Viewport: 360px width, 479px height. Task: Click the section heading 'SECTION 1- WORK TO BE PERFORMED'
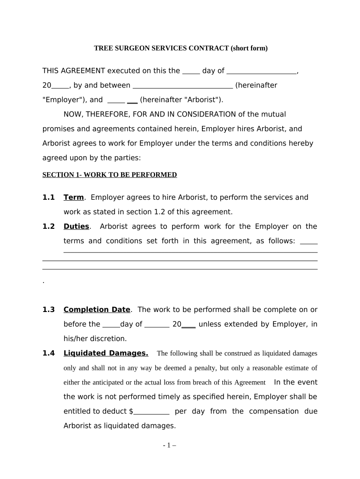[109, 175]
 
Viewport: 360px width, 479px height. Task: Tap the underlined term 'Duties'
[76, 226]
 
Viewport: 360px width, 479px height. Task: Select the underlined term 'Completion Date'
[97, 310]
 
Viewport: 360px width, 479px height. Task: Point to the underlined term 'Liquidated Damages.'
[106, 353]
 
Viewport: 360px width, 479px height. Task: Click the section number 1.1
[49, 197]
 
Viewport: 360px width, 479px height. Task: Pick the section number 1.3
[49, 310]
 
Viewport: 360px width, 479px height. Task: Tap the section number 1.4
[49, 353]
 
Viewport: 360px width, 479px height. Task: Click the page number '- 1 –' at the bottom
[169, 446]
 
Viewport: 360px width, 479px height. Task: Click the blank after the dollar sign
[151, 412]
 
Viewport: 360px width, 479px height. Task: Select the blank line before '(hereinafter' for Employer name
[183, 86]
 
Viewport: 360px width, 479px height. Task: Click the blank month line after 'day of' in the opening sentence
[261, 71]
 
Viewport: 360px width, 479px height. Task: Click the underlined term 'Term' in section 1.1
[73, 197]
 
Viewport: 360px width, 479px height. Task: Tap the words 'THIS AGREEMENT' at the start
[74, 71]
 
